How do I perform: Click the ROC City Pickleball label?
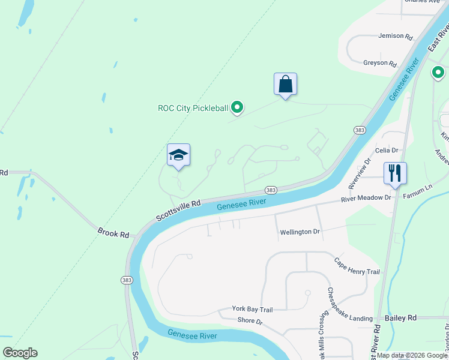[x=193, y=108]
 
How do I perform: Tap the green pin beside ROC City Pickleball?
[x=237, y=108]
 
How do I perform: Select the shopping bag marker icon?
[x=285, y=85]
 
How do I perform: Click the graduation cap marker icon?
[x=178, y=155]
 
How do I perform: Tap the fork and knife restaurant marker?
[x=395, y=173]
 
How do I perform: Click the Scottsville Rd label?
[x=178, y=209]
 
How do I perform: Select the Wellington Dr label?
[x=300, y=232]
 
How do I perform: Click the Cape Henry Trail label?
[x=357, y=266]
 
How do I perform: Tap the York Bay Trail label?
[x=253, y=310]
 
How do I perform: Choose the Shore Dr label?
[x=250, y=322]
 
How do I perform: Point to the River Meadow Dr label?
[x=366, y=198]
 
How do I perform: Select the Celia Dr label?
[x=387, y=150]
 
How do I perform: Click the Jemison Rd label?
[x=396, y=36]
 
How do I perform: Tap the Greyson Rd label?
[x=380, y=63]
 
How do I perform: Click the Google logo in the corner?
[x=19, y=353]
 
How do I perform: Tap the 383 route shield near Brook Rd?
[x=127, y=280]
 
